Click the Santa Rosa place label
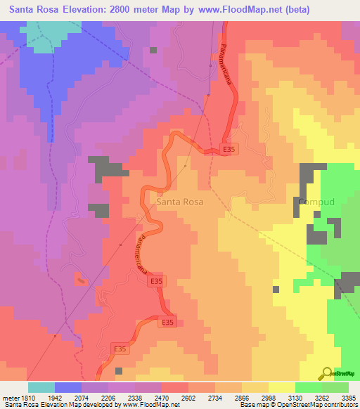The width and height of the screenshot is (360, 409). click(x=180, y=202)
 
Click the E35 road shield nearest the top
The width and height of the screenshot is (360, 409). click(x=229, y=150)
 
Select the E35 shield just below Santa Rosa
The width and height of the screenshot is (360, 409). click(x=157, y=281)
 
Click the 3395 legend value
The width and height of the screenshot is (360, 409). click(x=348, y=397)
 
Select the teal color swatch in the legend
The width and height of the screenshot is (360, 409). click(x=41, y=387)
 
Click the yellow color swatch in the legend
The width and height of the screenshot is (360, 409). click(x=282, y=387)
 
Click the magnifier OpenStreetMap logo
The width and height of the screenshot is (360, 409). click(x=327, y=373)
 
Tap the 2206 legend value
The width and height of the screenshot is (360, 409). click(x=108, y=397)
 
